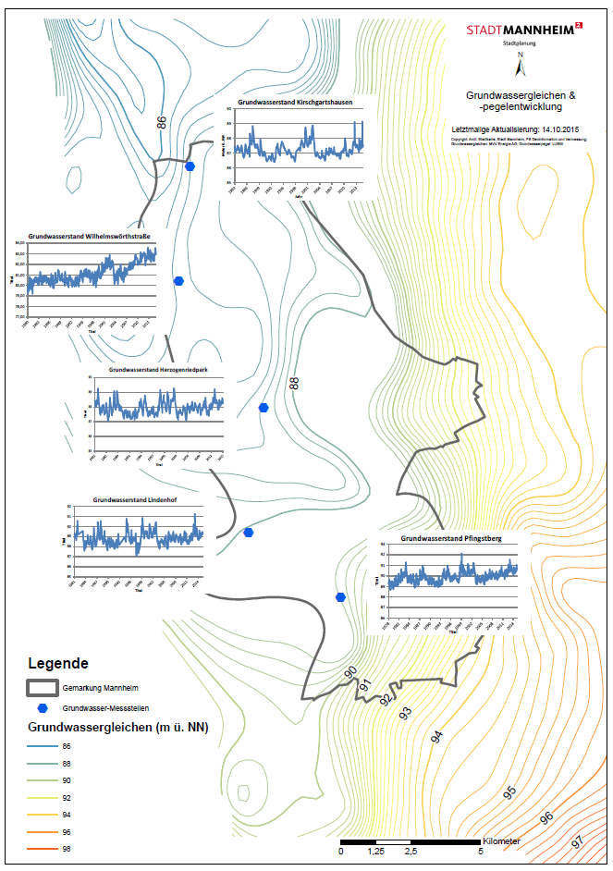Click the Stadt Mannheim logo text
click(x=519, y=30)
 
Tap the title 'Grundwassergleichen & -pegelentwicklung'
click(x=521, y=101)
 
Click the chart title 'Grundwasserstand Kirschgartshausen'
click(x=295, y=102)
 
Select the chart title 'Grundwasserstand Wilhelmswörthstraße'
click(x=90, y=237)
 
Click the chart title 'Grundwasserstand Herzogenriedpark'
click(x=158, y=370)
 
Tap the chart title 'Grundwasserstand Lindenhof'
click(x=135, y=499)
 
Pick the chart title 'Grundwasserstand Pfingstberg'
click(x=451, y=537)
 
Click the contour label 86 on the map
click(x=163, y=122)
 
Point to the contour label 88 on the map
click(x=295, y=382)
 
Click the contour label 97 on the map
click(x=577, y=841)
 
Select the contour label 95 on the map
click(x=509, y=793)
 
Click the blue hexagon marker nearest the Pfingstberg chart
click(x=341, y=597)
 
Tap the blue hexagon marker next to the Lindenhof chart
click(x=249, y=533)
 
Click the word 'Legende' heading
click(x=58, y=663)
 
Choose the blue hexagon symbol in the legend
click(x=43, y=707)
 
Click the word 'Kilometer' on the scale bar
click(x=501, y=841)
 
